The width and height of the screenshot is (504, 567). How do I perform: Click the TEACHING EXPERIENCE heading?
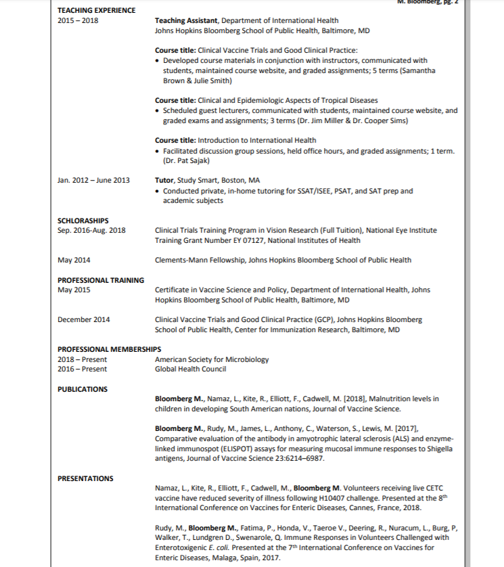(x=96, y=10)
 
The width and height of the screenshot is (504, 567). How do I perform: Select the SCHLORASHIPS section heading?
(x=83, y=221)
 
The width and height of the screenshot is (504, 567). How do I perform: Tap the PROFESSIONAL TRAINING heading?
(x=100, y=280)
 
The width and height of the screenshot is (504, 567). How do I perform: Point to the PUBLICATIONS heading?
(x=82, y=389)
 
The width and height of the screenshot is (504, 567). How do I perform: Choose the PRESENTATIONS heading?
(x=85, y=478)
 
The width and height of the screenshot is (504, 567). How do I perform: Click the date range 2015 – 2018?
(x=78, y=21)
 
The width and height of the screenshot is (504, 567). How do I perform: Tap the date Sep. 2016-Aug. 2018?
(x=91, y=230)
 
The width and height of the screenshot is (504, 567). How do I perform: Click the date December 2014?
(x=84, y=319)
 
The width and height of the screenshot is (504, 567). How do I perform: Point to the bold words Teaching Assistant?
(x=186, y=21)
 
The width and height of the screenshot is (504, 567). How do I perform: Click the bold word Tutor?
(x=164, y=181)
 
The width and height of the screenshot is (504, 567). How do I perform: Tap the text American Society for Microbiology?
(x=212, y=359)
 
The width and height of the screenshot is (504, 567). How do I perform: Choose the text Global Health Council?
(x=190, y=369)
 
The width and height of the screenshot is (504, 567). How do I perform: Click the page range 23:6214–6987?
(x=295, y=458)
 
